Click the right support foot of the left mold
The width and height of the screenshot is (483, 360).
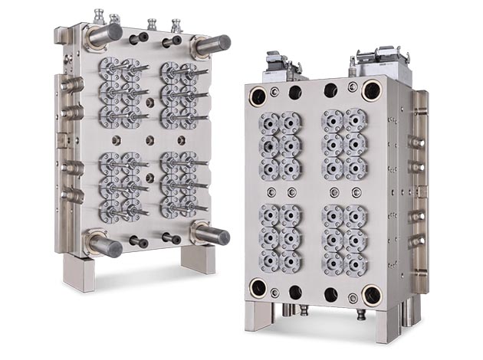click(198, 259)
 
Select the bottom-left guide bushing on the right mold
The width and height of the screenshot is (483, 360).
click(258, 288)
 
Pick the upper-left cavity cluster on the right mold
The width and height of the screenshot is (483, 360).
click(279, 146)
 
